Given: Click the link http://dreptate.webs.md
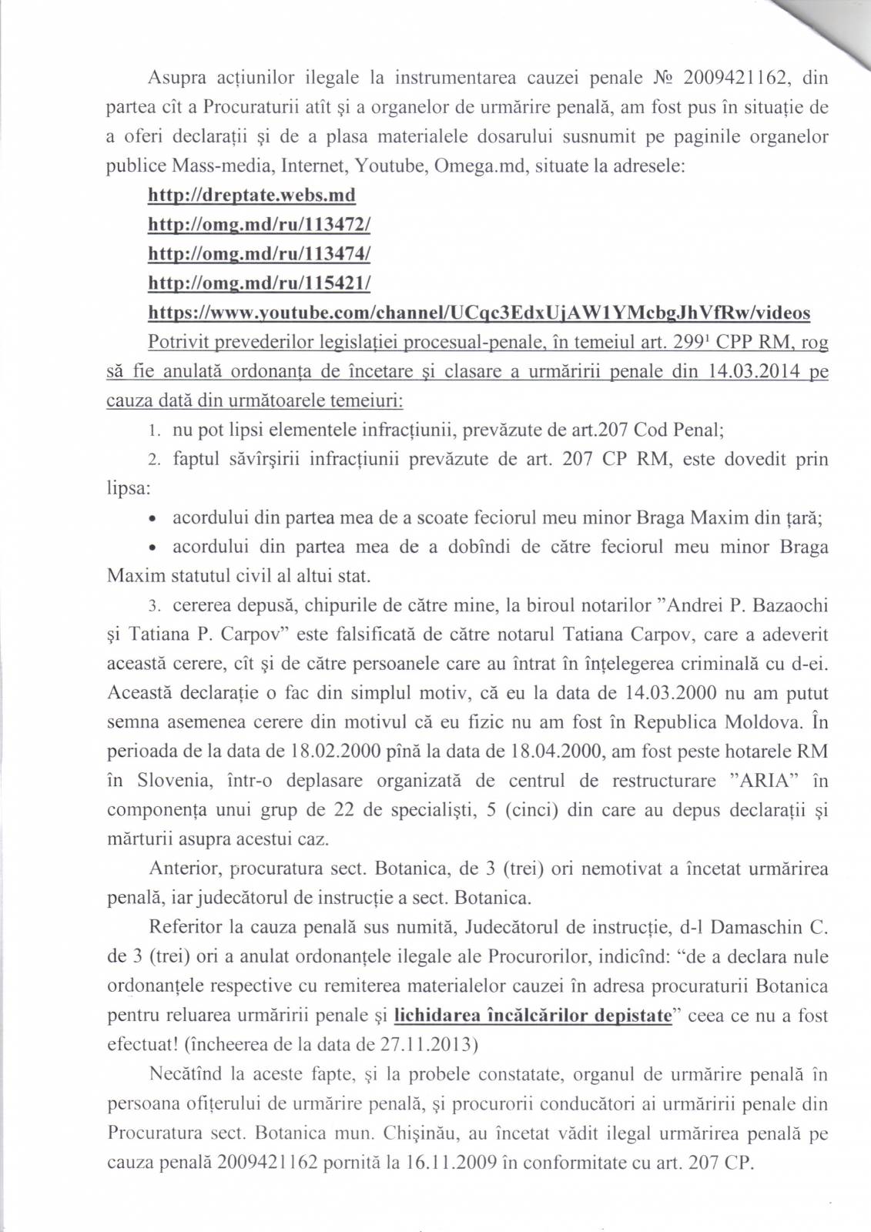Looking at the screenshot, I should click(251, 195).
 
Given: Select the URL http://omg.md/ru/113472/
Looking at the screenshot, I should click(259, 224).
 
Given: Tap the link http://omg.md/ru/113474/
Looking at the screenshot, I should click(259, 253).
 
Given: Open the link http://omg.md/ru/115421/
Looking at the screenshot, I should click(259, 283).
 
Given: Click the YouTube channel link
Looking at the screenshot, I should click(478, 312).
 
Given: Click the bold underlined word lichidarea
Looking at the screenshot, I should click(437, 1016).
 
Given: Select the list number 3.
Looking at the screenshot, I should click(154, 606).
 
